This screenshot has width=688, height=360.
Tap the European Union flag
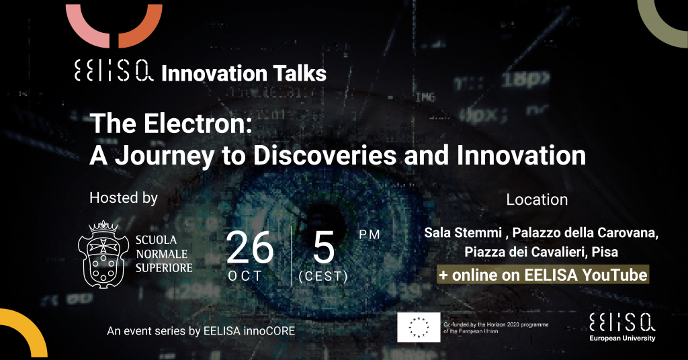[x=419, y=327]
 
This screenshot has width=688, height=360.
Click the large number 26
[x=250, y=248]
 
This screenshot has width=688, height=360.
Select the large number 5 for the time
[x=323, y=248]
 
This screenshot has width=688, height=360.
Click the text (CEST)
[x=323, y=276]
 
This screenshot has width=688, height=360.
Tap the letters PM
[x=370, y=234]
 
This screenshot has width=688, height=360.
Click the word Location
[x=537, y=199]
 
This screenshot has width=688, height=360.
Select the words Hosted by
[x=124, y=198]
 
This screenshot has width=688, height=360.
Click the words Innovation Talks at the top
[x=244, y=73]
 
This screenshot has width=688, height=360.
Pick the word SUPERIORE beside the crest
[x=164, y=267]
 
